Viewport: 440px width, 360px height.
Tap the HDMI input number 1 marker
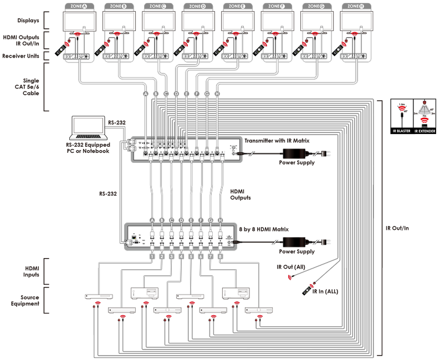point(152,256)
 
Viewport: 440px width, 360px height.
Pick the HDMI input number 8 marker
point(220,256)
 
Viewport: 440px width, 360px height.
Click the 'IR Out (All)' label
point(291,268)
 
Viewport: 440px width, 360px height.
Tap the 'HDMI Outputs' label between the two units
point(240,194)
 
